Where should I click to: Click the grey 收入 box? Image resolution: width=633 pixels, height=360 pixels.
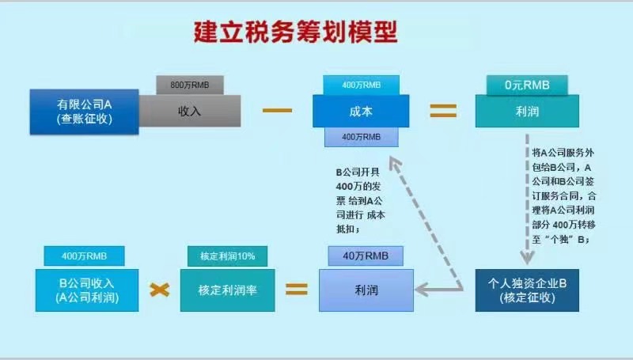190,112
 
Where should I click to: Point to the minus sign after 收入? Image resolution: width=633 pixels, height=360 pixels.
276,109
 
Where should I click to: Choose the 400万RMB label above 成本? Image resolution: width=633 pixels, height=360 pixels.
360,85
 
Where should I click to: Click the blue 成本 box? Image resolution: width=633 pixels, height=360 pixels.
360,112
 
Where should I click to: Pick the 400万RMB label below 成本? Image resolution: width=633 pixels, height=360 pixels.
360,137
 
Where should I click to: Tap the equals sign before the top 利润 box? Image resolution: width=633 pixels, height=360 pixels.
443,111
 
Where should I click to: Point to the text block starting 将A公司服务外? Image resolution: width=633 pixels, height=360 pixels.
560,194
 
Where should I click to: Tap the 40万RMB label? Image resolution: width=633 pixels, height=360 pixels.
365,256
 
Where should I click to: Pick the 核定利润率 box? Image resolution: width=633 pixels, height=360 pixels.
226,290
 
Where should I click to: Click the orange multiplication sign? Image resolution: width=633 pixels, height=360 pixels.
160,290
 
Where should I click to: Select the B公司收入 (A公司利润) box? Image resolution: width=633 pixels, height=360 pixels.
86,290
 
